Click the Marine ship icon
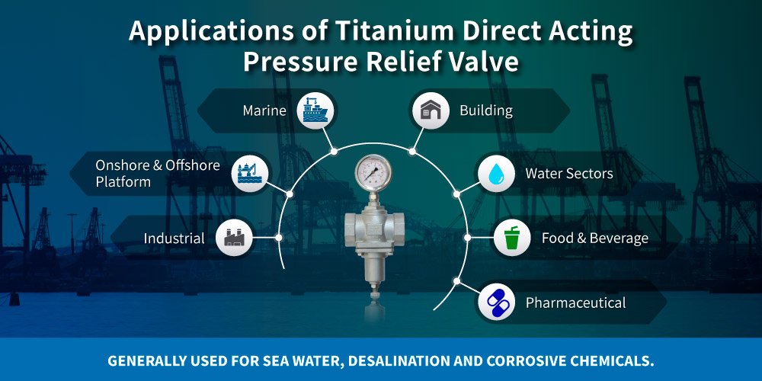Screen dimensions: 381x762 (314, 110)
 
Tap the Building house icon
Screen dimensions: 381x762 (430, 111)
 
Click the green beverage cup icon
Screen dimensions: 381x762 (511, 238)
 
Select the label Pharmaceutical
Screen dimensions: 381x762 (575, 303)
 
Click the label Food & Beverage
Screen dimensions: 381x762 (594, 239)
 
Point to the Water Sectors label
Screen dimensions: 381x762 (568, 174)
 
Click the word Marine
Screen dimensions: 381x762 (264, 111)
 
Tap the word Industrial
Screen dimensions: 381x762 (174, 239)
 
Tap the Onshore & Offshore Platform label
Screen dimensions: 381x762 (157, 173)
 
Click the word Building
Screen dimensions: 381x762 (485, 111)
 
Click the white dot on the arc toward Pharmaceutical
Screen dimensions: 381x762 (456, 281)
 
